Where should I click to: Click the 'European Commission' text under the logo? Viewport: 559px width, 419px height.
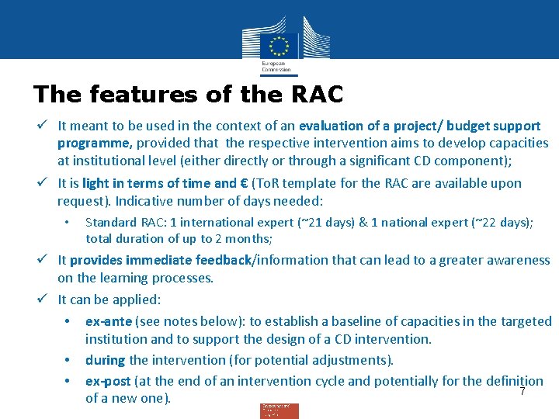[276, 66]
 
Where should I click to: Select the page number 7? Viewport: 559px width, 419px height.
[523, 392]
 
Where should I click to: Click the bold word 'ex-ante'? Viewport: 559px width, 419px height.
[109, 321]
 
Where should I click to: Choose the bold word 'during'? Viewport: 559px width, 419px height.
[106, 360]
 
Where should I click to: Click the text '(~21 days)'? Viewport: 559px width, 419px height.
[325, 223]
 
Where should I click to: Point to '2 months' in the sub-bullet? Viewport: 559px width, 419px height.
[245, 239]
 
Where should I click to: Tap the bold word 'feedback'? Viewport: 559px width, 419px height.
[224, 261]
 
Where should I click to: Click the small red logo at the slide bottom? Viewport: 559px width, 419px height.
[279, 410]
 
